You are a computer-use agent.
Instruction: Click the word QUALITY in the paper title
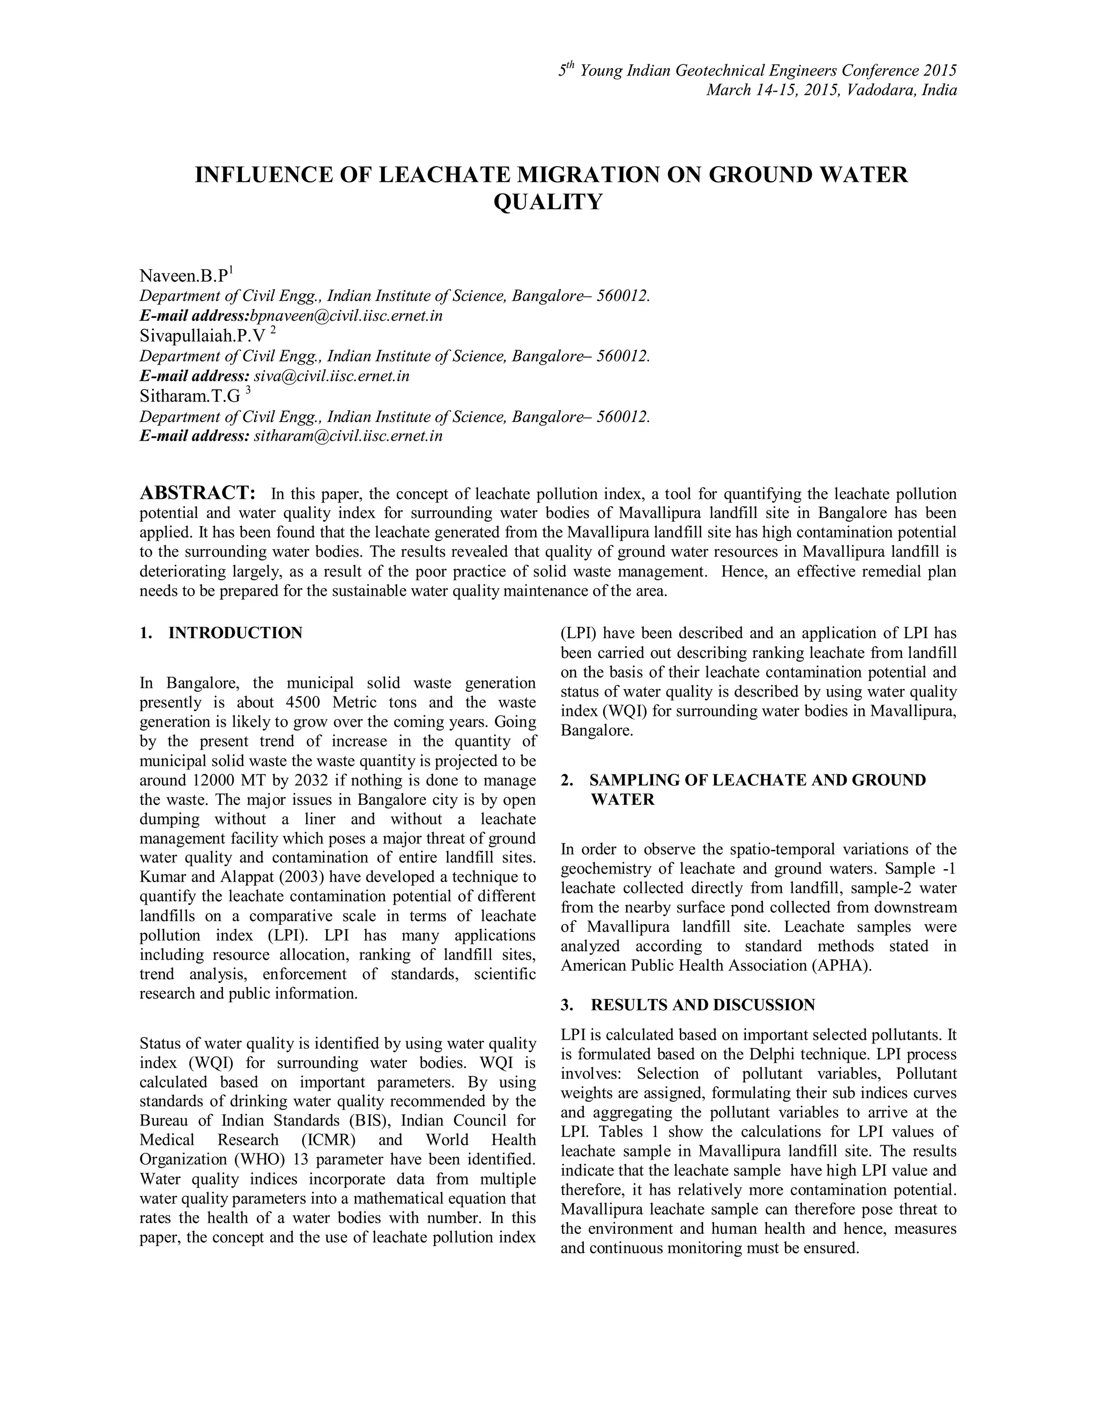(x=548, y=202)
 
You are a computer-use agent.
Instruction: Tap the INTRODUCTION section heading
(x=235, y=633)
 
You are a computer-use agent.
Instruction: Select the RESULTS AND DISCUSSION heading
(x=702, y=1005)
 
